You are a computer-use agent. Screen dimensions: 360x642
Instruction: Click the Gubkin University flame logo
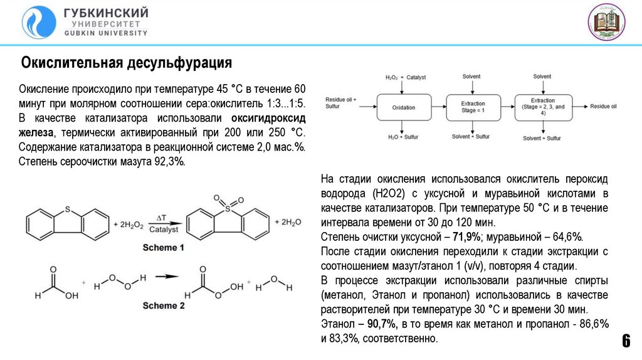coord(38,22)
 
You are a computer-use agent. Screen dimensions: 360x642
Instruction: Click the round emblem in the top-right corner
coord(607,22)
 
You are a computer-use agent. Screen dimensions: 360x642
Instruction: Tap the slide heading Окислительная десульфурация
coord(127,63)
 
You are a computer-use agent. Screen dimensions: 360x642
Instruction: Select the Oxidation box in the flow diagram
coord(404,107)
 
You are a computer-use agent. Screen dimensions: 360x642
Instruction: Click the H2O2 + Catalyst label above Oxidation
coord(405,77)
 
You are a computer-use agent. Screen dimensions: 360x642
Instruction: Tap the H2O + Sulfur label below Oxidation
coord(403,137)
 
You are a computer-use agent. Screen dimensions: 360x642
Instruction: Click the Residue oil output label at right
coord(604,107)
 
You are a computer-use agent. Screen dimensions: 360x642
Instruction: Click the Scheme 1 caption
coord(164,248)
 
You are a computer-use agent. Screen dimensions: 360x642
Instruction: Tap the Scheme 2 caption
coord(164,306)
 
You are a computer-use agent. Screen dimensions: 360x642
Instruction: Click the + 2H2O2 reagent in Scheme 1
coord(129,223)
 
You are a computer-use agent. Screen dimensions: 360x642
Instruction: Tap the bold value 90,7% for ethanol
coord(379,324)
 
